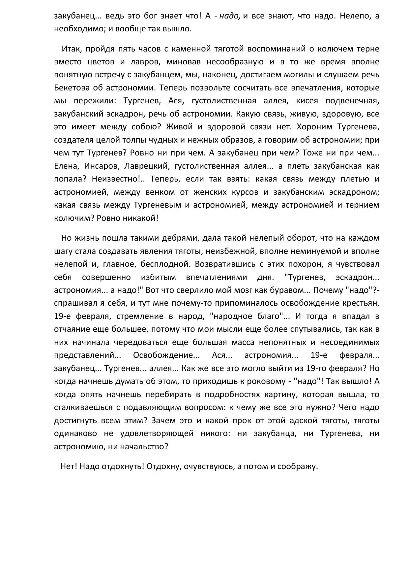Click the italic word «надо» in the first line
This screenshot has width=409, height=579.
[x=230, y=16]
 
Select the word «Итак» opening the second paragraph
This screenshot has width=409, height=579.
[x=71, y=49]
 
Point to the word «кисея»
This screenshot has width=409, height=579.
[x=307, y=101]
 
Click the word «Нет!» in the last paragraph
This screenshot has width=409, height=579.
[x=69, y=466]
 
